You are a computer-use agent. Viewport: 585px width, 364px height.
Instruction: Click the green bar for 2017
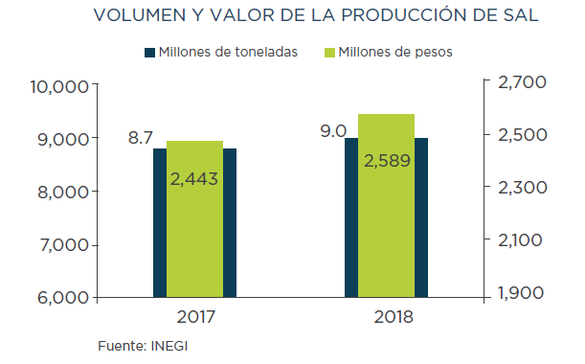pyautogui.click(x=194, y=219)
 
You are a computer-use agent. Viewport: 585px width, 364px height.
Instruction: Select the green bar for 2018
pyautogui.click(x=386, y=206)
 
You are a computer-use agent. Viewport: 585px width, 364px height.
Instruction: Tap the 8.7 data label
pyautogui.click(x=141, y=137)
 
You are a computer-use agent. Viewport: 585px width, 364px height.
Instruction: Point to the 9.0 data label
pyautogui.click(x=333, y=131)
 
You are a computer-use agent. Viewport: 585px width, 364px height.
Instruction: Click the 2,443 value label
pyautogui.click(x=194, y=179)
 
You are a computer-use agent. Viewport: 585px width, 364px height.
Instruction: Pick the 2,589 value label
pyautogui.click(x=387, y=161)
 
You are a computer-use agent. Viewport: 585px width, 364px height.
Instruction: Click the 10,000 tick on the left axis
pyautogui.click(x=59, y=87)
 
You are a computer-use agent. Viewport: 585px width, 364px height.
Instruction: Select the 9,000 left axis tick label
pyautogui.click(x=63, y=140)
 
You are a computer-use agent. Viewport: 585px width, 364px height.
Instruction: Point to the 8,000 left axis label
pyautogui.click(x=63, y=193)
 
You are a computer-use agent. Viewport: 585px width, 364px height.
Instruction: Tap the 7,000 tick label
pyautogui.click(x=64, y=245)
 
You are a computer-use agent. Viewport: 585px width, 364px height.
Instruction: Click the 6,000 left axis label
pyautogui.click(x=63, y=298)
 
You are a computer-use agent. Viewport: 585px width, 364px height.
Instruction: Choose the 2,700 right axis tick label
pyautogui.click(x=522, y=82)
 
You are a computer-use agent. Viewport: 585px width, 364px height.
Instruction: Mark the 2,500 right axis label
pyautogui.click(x=523, y=135)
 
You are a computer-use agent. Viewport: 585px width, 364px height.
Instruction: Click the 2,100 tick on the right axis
pyautogui.click(x=520, y=240)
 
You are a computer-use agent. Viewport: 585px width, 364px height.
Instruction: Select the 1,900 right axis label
pyautogui.click(x=521, y=293)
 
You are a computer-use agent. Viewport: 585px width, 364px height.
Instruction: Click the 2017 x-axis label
pyautogui.click(x=196, y=317)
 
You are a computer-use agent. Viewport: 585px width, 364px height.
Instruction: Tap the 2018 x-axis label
pyautogui.click(x=394, y=317)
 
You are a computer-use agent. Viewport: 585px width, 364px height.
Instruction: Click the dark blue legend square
pyautogui.click(x=149, y=53)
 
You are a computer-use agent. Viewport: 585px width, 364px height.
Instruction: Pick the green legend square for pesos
pyautogui.click(x=329, y=53)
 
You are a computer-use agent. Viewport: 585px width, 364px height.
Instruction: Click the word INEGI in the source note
pyautogui.click(x=169, y=346)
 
